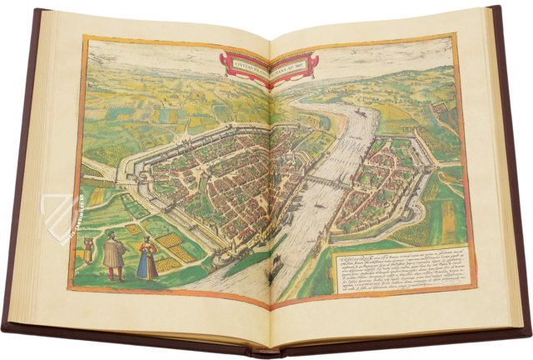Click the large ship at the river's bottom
point(271,265)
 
